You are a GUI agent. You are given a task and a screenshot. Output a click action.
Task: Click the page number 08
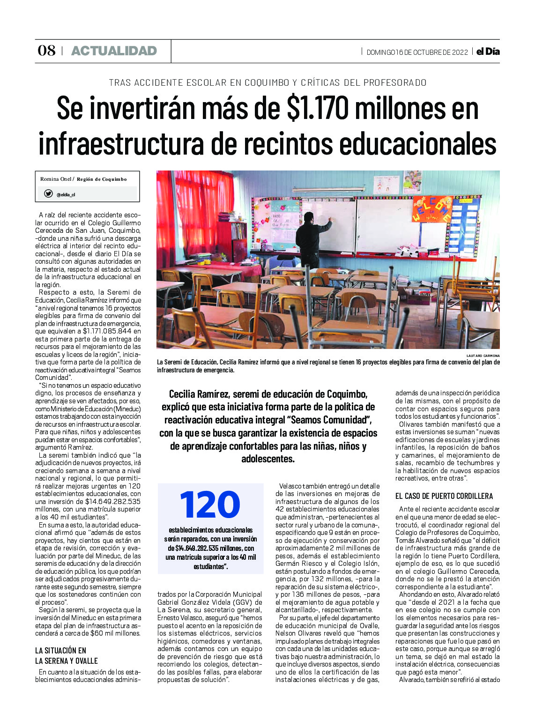point(46,51)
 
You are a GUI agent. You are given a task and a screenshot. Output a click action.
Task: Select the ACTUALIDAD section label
point(114,51)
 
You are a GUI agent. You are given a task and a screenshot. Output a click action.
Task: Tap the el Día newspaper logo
point(488,52)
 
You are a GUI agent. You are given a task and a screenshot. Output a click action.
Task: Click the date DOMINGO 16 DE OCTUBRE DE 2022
point(417,52)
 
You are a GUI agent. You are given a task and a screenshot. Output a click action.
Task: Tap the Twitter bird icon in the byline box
point(48,194)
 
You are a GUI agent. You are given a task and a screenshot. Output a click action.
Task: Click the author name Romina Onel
point(56,179)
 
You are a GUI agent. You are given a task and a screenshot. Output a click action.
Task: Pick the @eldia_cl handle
point(66,195)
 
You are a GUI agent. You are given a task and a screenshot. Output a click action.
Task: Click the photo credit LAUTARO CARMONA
point(483,356)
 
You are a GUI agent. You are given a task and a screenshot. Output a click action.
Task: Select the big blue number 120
point(210,504)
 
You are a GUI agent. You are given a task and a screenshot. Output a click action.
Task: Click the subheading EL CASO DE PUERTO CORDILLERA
point(444,496)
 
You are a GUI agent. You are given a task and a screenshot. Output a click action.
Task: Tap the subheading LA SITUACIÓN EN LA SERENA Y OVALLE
point(67,655)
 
